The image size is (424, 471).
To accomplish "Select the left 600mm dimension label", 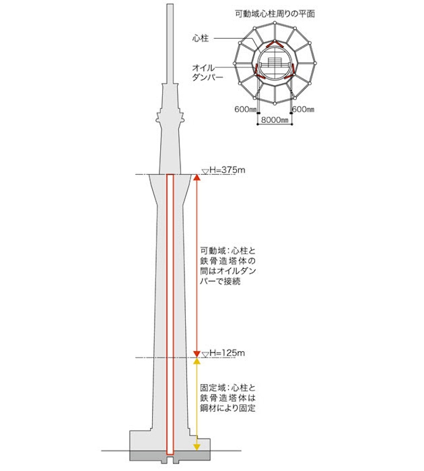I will pos(245,109).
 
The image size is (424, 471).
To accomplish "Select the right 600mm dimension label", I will pos(304,109).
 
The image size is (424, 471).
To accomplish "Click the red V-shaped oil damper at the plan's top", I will pos(274,45).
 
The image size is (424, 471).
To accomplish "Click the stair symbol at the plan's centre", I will pos(274,62).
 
